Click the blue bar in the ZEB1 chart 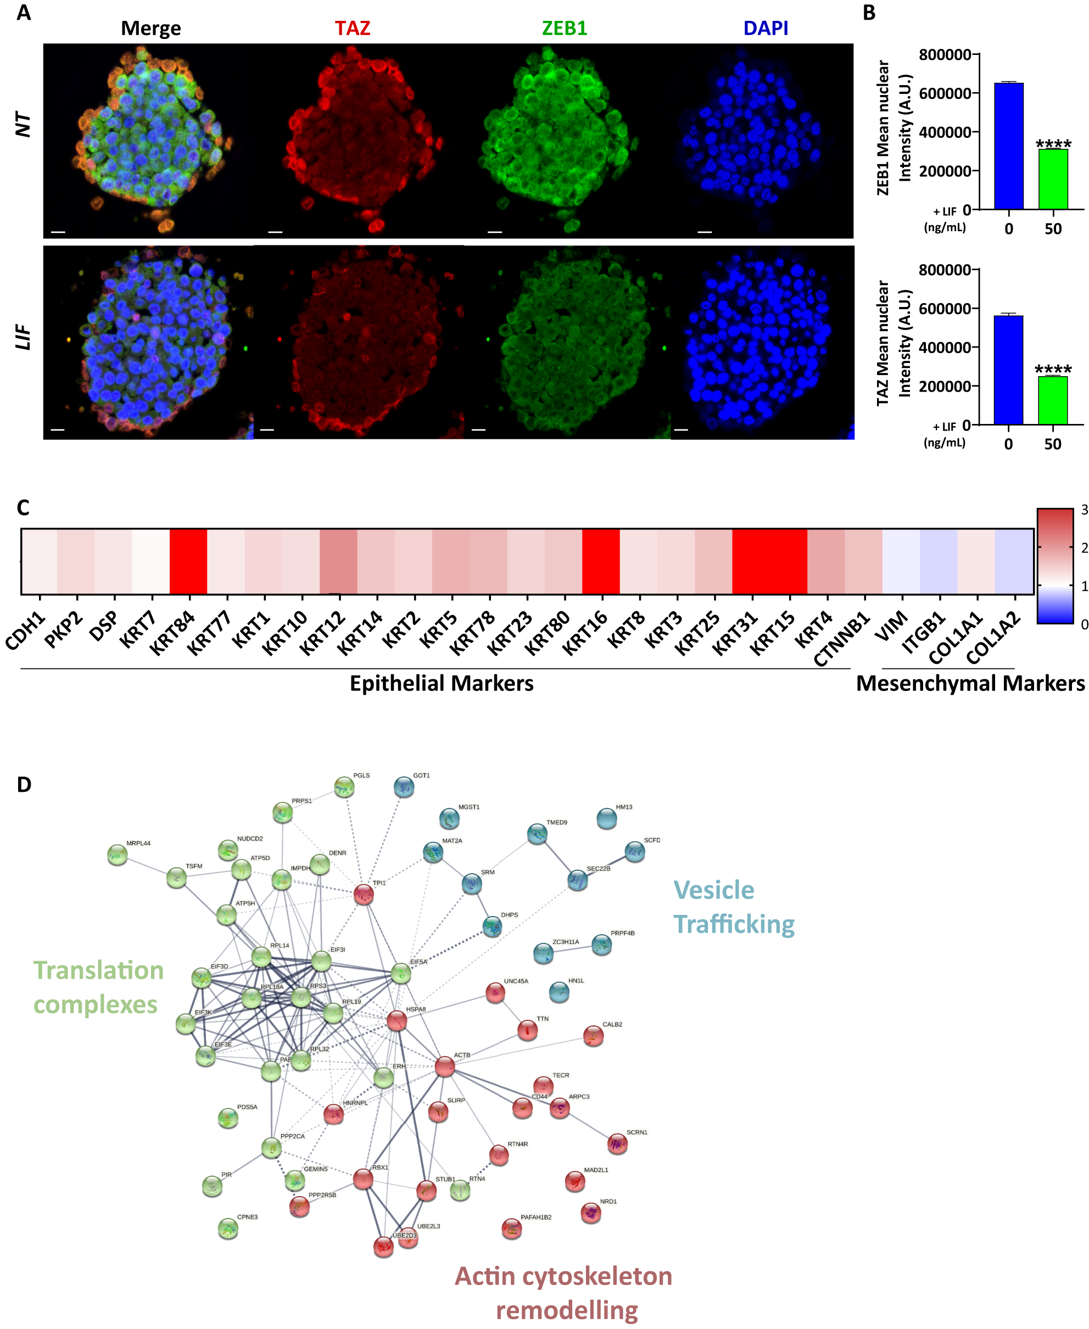click(x=1008, y=146)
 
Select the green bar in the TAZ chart click(x=1053, y=400)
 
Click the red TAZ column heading click(x=352, y=28)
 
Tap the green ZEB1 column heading click(x=564, y=28)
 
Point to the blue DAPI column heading click(x=766, y=28)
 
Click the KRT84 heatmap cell click(x=188, y=561)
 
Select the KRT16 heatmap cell click(x=600, y=561)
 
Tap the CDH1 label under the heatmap click(x=26, y=630)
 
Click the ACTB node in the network click(x=444, y=1065)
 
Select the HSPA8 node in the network click(x=396, y=1020)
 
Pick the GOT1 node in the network click(x=404, y=787)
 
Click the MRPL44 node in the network click(x=118, y=854)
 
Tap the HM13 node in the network click(x=607, y=818)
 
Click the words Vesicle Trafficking click(x=733, y=907)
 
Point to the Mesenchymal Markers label click(x=970, y=683)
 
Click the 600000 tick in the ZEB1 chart click(x=944, y=93)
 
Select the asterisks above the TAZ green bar click(x=1053, y=370)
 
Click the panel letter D click(x=24, y=784)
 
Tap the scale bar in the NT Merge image click(x=58, y=232)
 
